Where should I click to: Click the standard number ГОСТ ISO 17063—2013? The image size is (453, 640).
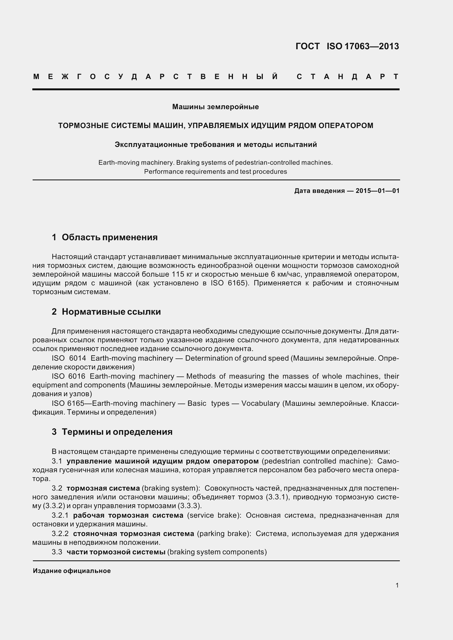pyautogui.click(x=347, y=46)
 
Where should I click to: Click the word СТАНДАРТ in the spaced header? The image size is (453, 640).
pyautogui.click(x=347, y=77)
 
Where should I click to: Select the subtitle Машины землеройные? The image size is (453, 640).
pyautogui.click(x=215, y=107)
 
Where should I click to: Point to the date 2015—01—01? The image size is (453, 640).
pyautogui.click(x=377, y=191)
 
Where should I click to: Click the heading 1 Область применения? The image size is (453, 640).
pyautogui.click(x=105, y=237)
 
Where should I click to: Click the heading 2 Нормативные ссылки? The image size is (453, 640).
pyautogui.click(x=106, y=312)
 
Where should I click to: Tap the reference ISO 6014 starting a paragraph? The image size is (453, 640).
pyautogui.click(x=69, y=358)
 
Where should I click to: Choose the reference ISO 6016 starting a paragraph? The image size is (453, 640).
pyautogui.click(x=69, y=376)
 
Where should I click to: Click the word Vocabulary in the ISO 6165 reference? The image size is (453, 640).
pyautogui.click(x=260, y=403)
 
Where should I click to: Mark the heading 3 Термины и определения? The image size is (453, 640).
pyautogui.click(x=112, y=432)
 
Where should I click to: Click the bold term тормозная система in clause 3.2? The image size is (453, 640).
pyautogui.click(x=103, y=488)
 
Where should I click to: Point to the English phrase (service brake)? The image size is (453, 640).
pyautogui.click(x=214, y=515)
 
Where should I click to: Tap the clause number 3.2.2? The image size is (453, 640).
pyautogui.click(x=60, y=534)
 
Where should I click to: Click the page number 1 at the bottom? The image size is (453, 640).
pyautogui.click(x=397, y=585)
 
